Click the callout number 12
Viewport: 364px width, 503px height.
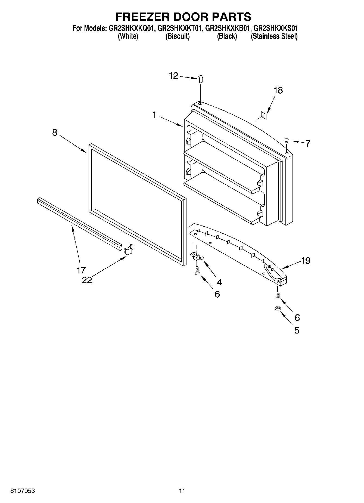[x=173, y=76]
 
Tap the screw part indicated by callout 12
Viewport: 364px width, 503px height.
[x=201, y=79]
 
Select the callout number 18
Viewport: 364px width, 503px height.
[x=278, y=90]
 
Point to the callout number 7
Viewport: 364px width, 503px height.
[x=307, y=143]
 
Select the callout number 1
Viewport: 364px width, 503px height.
[x=154, y=115]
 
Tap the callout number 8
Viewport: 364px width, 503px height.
[x=55, y=132]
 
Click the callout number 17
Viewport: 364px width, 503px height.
[x=81, y=270]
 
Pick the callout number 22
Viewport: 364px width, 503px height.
[x=87, y=280]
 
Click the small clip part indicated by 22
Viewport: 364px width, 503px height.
[x=129, y=249]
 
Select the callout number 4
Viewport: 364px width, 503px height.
[x=219, y=282]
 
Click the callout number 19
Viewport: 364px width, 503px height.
[x=306, y=261]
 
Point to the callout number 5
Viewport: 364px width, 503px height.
[x=297, y=330]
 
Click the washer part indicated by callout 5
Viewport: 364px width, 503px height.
[x=278, y=308]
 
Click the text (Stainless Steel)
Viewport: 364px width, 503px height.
[x=274, y=36]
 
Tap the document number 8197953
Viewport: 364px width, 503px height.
[x=23, y=491]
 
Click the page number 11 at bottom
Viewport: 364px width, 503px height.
[x=182, y=491]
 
